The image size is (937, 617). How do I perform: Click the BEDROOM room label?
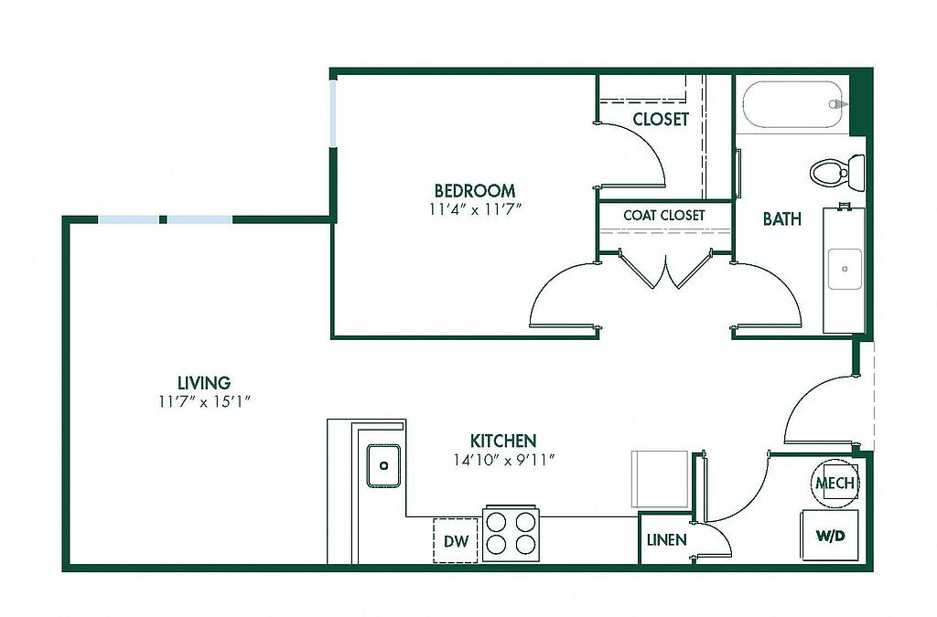tap(474, 191)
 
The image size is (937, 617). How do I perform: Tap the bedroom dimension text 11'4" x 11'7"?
tap(474, 209)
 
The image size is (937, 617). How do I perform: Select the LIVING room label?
tap(203, 383)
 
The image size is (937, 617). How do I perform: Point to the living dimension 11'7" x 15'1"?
tap(203, 400)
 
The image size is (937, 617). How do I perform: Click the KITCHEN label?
tap(503, 441)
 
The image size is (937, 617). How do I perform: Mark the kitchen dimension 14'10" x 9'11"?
tap(503, 459)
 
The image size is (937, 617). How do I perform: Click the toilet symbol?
tap(836, 172)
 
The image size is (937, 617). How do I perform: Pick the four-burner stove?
tap(511, 532)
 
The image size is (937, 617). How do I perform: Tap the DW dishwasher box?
tap(456, 541)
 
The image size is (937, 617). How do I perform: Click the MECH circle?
tap(835, 483)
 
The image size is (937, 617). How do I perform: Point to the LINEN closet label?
tap(666, 539)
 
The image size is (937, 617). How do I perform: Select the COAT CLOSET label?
tap(664, 215)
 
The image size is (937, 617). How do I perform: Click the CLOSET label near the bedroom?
tap(661, 119)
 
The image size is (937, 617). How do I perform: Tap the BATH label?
tap(782, 219)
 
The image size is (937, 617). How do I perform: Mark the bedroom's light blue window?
tap(334, 112)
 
